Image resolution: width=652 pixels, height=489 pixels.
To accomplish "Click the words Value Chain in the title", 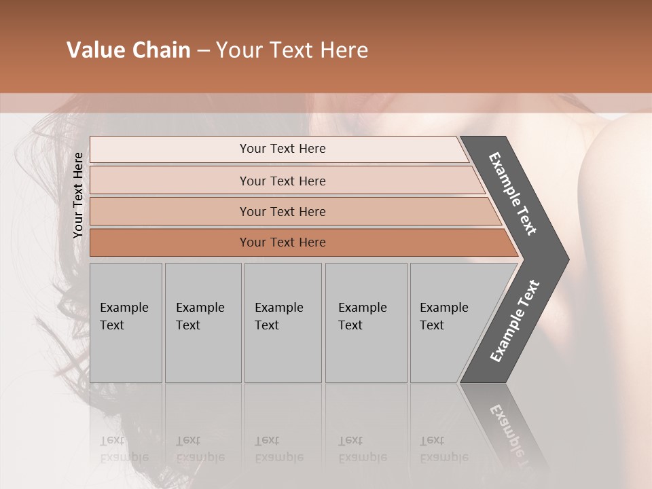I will click(128, 50).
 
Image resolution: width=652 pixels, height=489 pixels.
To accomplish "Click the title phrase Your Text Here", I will click(292, 50).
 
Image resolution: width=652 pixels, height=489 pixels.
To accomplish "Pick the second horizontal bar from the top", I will click(283, 181).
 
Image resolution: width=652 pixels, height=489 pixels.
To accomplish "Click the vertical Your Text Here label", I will click(78, 195).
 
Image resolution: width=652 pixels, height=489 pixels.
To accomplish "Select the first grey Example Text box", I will click(126, 323).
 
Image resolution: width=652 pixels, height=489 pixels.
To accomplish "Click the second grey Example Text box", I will click(203, 323).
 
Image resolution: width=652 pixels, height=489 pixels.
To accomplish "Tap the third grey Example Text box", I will click(283, 323).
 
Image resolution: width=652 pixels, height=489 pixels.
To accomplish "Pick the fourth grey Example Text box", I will click(366, 323).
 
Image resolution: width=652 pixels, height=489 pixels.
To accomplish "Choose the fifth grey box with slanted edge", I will click(448, 323).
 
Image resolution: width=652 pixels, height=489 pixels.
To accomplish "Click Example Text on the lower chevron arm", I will click(515, 321).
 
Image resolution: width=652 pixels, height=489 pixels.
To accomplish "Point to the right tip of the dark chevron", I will click(567, 259).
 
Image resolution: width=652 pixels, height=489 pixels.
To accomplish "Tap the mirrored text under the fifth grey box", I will click(444, 449).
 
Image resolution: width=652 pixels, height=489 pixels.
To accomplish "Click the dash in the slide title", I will click(203, 51).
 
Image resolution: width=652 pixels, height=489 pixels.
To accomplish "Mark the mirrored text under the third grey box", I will click(278, 449).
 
